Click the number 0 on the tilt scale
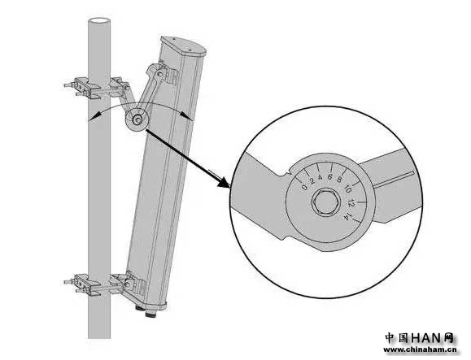point(304,188)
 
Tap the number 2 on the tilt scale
point(312,181)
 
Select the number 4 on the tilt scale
point(321,177)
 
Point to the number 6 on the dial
point(329,177)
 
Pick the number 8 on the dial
point(339,180)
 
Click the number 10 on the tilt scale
point(348,189)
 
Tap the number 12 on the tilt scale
point(351,203)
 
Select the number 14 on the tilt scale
point(348,217)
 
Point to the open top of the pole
point(98,21)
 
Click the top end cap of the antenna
point(184,47)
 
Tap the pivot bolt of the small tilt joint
point(137,120)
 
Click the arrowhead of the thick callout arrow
point(224,181)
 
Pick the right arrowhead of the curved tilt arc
point(187,115)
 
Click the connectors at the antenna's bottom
point(145,311)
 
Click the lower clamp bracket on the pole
point(98,284)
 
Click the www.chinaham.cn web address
point(420,349)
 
